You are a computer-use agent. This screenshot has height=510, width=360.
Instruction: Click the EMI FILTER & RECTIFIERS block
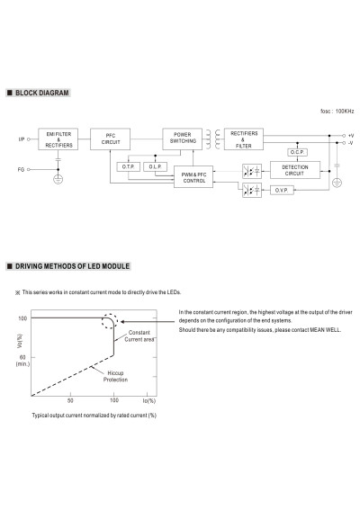58,139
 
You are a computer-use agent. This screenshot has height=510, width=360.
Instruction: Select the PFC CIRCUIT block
110,139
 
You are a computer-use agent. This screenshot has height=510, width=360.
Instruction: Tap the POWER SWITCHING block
183,139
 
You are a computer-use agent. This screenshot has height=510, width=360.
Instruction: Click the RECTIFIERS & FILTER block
244,139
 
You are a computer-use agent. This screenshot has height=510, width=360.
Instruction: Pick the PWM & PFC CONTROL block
193,176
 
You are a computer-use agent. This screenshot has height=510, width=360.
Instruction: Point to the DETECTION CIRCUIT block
295,170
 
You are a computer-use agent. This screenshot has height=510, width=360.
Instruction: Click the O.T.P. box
128,167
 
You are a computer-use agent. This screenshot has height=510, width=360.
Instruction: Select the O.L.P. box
156,167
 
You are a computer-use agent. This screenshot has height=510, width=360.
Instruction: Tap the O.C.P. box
297,152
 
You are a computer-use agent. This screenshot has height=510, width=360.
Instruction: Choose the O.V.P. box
282,191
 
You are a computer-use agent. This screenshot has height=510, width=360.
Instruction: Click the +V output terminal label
351,136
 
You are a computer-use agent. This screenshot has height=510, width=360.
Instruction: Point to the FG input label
22,169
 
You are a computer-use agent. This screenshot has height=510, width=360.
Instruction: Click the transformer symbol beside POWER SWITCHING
213,139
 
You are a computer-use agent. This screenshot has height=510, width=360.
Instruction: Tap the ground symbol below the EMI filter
58,179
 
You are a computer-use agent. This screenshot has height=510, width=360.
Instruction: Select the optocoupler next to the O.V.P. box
252,190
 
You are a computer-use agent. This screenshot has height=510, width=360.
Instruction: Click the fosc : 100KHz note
337,112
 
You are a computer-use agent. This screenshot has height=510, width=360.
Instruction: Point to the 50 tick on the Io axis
70,400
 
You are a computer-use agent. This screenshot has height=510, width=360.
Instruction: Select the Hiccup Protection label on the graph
115,376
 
